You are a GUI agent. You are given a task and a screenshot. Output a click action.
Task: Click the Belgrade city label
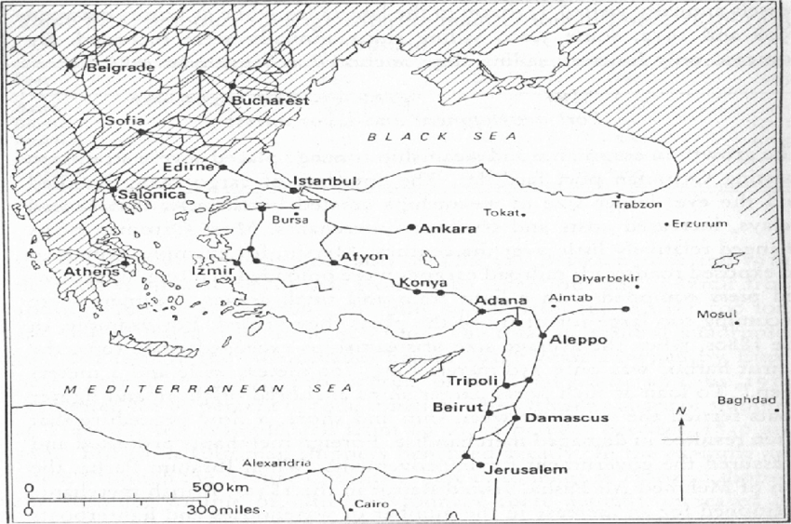click(117, 67)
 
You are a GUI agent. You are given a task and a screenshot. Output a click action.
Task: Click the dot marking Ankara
click(410, 227)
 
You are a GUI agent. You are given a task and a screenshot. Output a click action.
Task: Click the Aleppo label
click(578, 340)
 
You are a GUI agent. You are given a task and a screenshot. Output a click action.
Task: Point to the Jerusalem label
click(527, 471)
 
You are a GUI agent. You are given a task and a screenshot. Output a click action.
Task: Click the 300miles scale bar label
click(225, 509)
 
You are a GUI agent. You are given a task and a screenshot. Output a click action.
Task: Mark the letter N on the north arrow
click(681, 410)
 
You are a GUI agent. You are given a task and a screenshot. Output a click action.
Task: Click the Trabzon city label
click(634, 205)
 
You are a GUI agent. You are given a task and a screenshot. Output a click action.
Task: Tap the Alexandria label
click(275, 463)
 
